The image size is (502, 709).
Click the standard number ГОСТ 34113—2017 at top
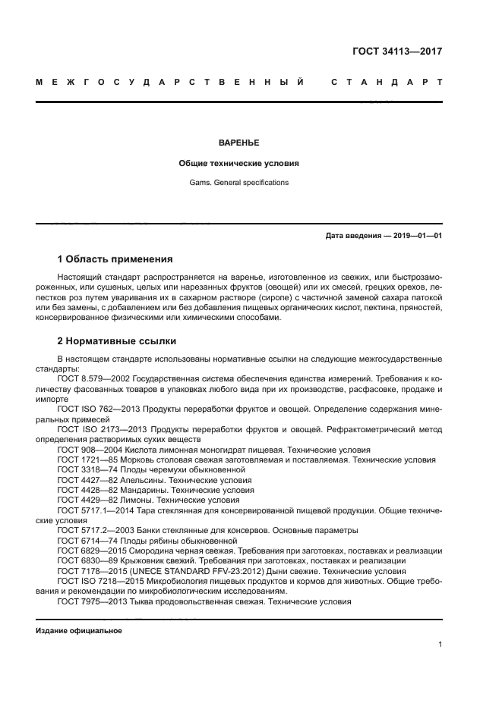(397, 52)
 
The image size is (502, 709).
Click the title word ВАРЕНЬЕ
(238, 143)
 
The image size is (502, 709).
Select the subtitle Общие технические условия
(238, 163)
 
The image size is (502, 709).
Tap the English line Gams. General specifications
(238, 183)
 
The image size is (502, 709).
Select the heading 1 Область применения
(115, 259)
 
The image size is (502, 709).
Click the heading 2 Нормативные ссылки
(116, 341)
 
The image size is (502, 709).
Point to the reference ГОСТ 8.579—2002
(91, 377)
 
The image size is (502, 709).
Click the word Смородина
(157, 551)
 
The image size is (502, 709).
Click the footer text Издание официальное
(79, 631)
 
